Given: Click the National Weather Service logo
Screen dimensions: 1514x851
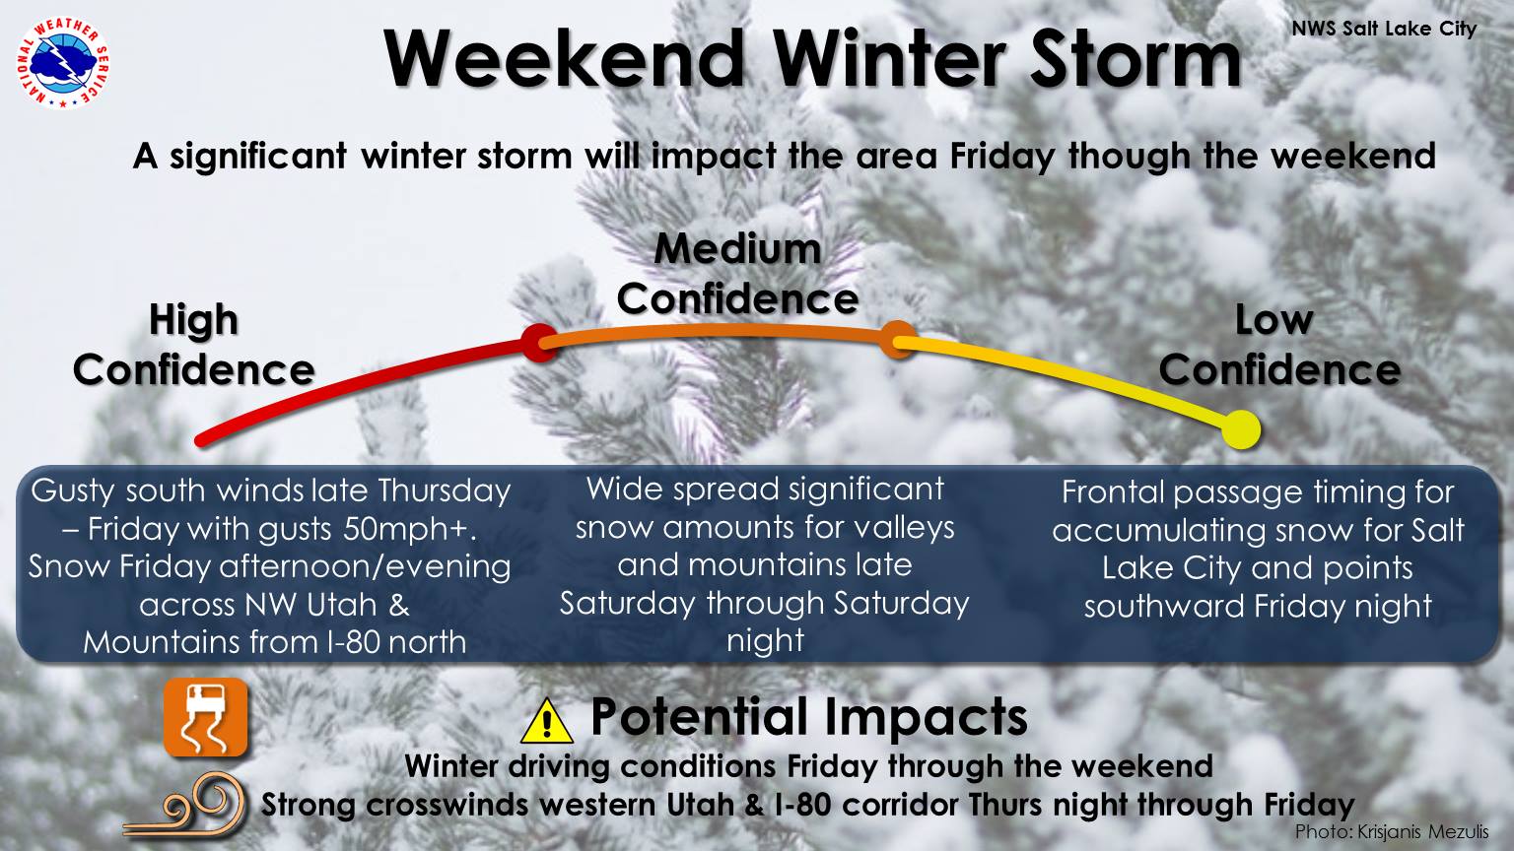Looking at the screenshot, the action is coord(63,63).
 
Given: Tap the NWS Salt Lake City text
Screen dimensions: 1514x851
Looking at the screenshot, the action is coord(1384,30).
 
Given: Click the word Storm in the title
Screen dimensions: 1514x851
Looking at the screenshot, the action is coord(1136,59).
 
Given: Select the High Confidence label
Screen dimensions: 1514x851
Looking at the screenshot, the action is coord(194,345).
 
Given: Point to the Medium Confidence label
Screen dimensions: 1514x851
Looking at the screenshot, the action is coord(737,274).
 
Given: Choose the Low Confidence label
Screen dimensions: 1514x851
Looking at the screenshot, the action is coord(1279,345).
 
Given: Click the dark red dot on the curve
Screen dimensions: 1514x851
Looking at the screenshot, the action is coord(539,343).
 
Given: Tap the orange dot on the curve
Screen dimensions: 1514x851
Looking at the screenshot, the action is coord(898,340).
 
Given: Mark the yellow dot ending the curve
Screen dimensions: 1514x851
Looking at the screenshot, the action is coord(1242,429).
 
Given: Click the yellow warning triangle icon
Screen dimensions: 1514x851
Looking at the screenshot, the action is coord(547,721).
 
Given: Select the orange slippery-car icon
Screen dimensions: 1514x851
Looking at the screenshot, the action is coord(206,718).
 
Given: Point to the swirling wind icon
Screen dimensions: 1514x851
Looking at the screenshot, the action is coord(184,808).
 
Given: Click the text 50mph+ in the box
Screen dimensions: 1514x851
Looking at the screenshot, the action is coord(410,530).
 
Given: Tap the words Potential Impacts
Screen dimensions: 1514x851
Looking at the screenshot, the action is coord(809,717).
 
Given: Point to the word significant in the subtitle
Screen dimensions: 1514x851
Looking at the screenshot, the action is coord(258,158).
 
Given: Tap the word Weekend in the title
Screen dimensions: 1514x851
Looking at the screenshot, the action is coord(565,59).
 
